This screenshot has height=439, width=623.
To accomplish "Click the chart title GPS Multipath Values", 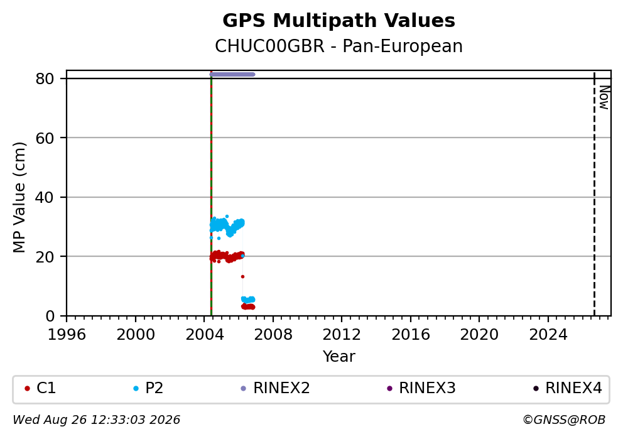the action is pos(339,21).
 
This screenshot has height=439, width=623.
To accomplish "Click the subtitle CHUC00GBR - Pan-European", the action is pos(339,46).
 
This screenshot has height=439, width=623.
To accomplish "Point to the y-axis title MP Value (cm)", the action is pos(19,197).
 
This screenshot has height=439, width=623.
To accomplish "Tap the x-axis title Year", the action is pos(339,356).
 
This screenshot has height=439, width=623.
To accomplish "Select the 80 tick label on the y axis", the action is pos(45,79).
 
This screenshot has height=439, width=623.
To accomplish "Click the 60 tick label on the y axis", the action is pos(45,138).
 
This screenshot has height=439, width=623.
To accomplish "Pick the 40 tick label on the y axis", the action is pos(45,197).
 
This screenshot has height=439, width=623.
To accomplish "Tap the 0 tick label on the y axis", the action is pos(50,317).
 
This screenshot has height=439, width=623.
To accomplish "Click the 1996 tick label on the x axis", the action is pos(67,335).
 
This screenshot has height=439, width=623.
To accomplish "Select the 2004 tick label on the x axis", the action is pos(204,335).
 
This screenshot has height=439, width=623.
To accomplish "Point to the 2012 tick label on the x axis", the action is pos(342,335).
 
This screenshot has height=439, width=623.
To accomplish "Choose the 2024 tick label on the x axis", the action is pos(548,335).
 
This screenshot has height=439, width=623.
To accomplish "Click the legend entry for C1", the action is pos(40,388).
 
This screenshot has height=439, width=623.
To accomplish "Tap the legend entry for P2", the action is pos(148,388).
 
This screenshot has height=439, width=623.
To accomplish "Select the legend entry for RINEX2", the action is pos(275,388).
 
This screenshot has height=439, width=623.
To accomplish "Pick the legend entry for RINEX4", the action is pos(567,388).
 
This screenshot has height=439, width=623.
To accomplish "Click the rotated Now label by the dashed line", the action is pos(604,97).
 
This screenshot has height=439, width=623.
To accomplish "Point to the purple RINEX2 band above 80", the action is pos(232,74).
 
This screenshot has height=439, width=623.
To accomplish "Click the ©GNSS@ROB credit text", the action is pos(564,420).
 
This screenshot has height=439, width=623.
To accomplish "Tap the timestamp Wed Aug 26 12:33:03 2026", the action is pos(97,420).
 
